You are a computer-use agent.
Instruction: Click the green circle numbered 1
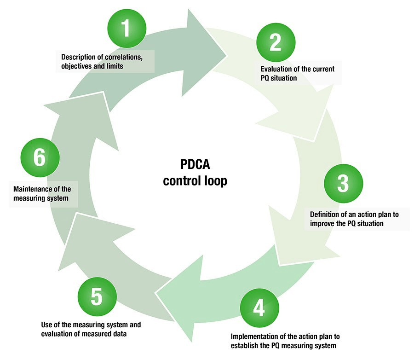[126, 29]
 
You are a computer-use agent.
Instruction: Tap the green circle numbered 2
[275, 42]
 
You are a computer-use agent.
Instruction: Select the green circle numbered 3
[343, 183]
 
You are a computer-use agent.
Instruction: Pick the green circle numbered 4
[259, 308]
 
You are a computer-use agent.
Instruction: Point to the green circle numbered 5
[97, 297]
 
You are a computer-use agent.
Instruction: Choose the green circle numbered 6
[40, 158]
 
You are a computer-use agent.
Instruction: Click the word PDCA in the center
[195, 165]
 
